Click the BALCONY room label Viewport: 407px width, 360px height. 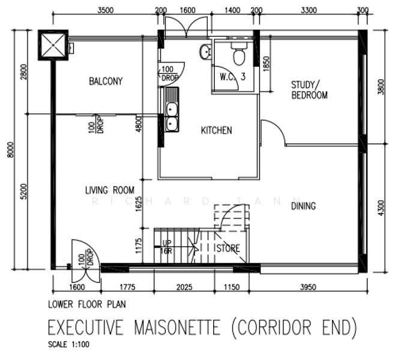(x=106, y=81)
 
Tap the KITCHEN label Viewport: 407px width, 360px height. (x=217, y=130)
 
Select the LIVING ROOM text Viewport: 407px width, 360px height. (x=110, y=190)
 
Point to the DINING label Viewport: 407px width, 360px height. (x=303, y=206)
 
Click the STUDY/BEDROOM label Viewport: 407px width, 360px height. (x=309, y=90)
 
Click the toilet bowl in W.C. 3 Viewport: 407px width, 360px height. (x=239, y=54)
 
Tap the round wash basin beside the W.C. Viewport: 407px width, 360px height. (x=205, y=52)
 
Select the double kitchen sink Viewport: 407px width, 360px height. (x=172, y=110)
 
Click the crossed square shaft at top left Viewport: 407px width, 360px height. (x=53, y=45)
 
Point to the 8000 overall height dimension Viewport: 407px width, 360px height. (x=11, y=149)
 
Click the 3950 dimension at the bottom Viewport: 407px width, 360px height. (x=308, y=287)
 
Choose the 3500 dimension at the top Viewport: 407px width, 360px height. (x=106, y=10)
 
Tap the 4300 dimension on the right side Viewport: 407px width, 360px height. (x=381, y=208)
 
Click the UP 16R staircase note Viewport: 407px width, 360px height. (x=166, y=247)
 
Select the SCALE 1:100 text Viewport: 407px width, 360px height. (x=69, y=344)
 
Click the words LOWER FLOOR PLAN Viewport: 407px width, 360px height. (x=87, y=304)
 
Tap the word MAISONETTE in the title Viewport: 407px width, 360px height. (x=177, y=328)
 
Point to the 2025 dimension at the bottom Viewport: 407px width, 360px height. (x=184, y=287)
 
